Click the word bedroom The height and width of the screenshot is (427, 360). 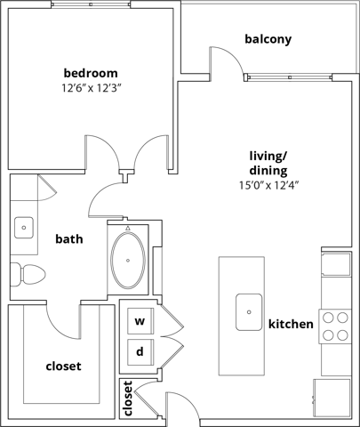[91, 72]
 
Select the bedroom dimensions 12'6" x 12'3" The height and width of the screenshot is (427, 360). [91, 89]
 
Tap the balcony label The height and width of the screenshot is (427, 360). [268, 39]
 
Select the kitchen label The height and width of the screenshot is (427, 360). [291, 325]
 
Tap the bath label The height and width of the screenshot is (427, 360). [69, 238]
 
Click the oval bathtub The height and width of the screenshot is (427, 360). [131, 260]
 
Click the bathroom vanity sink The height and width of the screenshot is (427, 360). [23, 227]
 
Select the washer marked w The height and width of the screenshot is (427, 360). [140, 320]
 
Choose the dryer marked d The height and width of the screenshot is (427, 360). [140, 351]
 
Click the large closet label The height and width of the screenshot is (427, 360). [63, 367]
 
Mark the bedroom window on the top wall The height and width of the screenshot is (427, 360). [90, 4]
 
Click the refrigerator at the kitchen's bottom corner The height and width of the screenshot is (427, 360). [332, 394]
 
